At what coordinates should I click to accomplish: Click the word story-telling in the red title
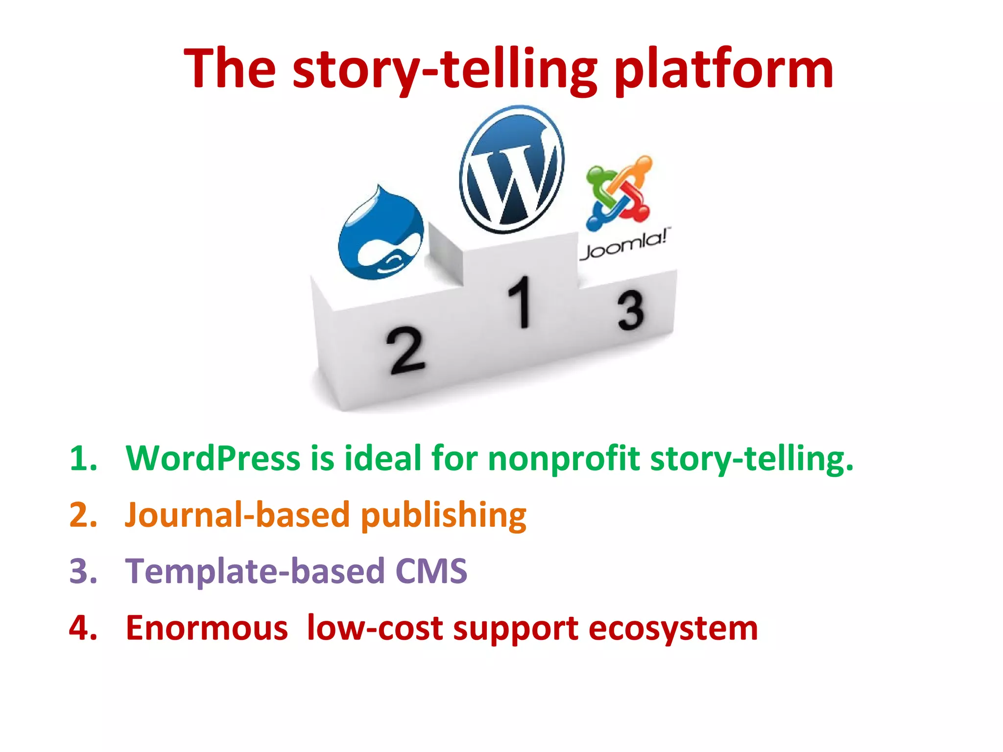pyautogui.click(x=445, y=70)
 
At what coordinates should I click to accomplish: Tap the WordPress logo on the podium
pyautogui.click(x=512, y=169)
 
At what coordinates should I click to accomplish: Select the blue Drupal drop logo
pyautogui.click(x=382, y=234)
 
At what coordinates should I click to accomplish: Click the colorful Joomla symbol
pyautogui.click(x=619, y=192)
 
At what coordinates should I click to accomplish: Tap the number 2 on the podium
pyautogui.click(x=406, y=351)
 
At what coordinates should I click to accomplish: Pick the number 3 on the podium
pyautogui.click(x=630, y=310)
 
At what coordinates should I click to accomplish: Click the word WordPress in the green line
pyautogui.click(x=213, y=459)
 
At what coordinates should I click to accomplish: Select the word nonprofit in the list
pyautogui.click(x=564, y=459)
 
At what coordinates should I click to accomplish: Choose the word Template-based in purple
pyautogui.click(x=255, y=571)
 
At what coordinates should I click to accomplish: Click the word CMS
pyautogui.click(x=431, y=571)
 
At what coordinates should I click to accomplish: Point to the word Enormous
pyautogui.click(x=207, y=628)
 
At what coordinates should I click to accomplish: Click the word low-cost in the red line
pyautogui.click(x=375, y=628)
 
